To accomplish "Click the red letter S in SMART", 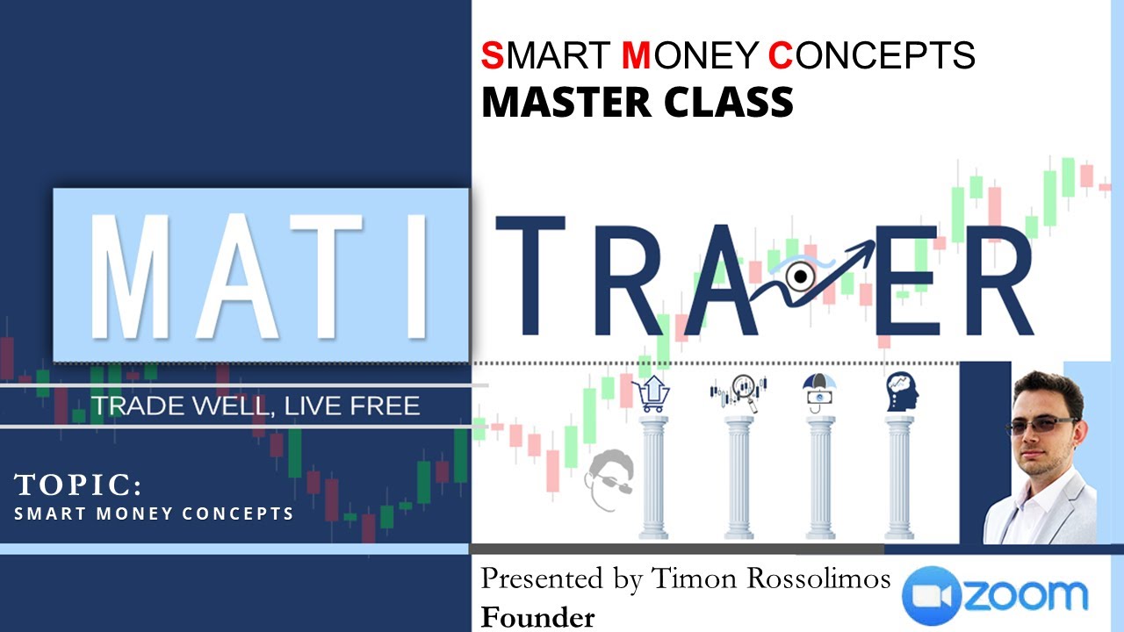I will tap(492, 55).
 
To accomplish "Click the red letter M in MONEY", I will tap(636, 55).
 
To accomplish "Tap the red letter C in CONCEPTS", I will tap(781, 55).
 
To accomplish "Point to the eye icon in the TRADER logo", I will tap(799, 276).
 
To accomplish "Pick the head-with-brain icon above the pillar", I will tap(900, 390).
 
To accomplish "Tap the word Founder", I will tap(537, 617).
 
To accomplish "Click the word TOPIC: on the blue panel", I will tap(78, 485).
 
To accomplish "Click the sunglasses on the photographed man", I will tap(1041, 426).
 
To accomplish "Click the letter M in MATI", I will tap(131, 273).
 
